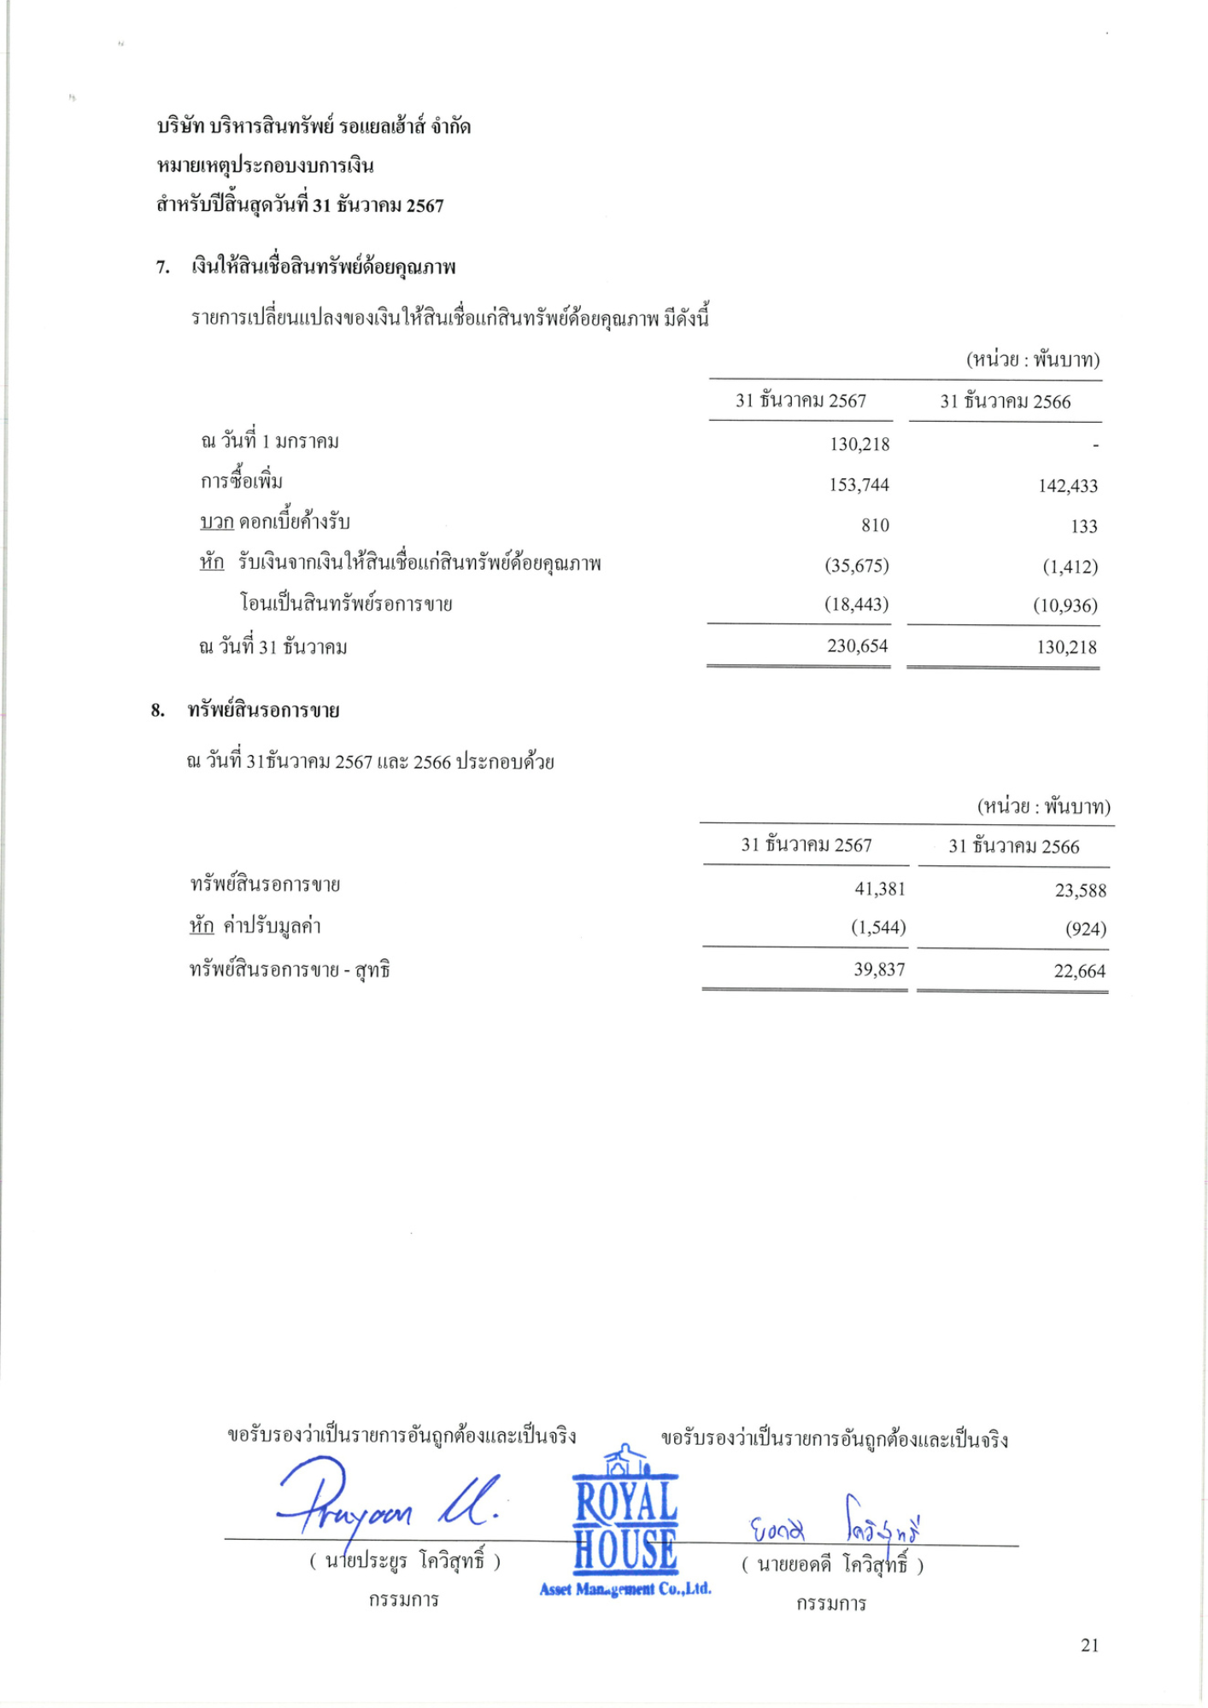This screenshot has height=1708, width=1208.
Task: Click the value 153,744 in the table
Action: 859,485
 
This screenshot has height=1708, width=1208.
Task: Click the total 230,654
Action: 857,646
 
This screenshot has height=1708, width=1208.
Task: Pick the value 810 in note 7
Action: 875,526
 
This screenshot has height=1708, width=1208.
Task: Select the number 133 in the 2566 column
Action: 1083,527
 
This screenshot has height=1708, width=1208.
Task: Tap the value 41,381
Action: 879,889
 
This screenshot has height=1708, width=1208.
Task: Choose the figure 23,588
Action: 1080,891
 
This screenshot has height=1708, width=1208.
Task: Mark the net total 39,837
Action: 879,970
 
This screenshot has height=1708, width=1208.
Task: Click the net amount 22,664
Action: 1079,972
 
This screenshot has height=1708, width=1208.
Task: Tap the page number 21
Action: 1089,1646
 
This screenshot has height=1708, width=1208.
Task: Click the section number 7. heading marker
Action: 162,268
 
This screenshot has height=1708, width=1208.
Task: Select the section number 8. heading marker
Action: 158,711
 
